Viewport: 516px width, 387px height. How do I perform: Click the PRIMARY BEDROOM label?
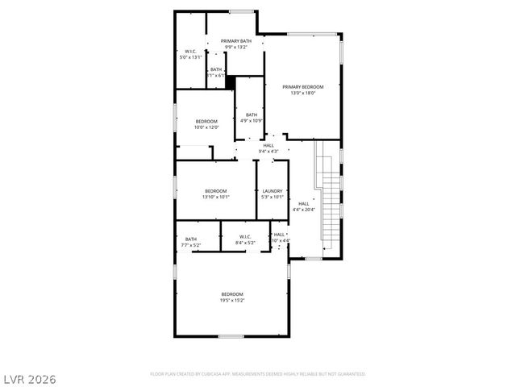point(303,87)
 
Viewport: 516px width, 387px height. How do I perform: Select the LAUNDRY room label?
point(273,191)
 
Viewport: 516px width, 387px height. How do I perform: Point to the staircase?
point(329,196)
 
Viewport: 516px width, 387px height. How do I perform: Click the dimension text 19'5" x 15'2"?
point(232,300)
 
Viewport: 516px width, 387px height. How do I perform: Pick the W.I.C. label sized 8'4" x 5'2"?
point(246,237)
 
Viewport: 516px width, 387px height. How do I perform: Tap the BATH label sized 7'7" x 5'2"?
point(191,239)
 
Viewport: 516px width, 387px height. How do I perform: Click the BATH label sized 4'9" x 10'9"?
point(252,114)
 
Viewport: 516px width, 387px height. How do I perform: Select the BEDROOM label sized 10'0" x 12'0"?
point(206,121)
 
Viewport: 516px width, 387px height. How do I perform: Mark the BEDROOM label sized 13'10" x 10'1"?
point(215,191)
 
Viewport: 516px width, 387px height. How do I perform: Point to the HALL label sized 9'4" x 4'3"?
point(268,145)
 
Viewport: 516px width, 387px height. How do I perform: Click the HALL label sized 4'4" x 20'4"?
point(304,203)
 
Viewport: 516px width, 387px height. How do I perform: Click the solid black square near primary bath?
point(230,81)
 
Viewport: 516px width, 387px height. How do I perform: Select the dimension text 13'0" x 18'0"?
point(303,93)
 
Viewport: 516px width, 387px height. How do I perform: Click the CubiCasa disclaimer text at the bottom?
point(258,374)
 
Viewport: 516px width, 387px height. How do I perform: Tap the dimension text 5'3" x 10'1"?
point(273,197)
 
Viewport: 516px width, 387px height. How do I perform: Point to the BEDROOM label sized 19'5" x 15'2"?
point(232,294)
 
